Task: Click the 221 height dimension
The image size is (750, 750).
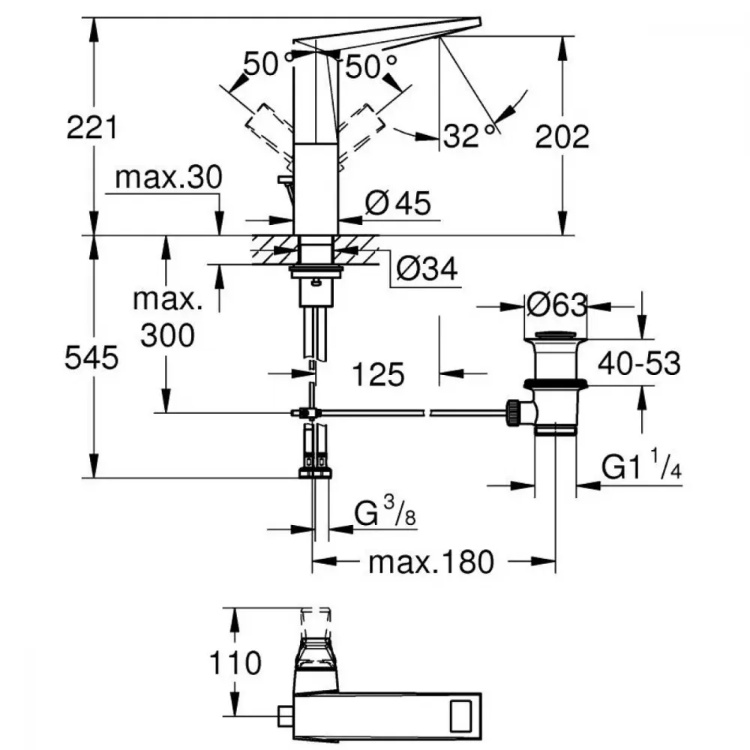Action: point(91,127)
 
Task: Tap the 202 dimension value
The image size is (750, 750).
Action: point(562,136)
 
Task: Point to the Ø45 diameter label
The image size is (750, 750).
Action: point(398,202)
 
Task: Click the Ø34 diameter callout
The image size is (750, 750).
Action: point(427,268)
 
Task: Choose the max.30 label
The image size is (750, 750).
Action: point(169,177)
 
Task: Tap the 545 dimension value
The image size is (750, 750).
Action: point(91,358)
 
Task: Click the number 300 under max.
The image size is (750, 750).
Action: point(167,335)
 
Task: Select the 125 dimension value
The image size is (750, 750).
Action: point(378,374)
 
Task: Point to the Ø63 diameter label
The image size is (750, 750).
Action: point(556,305)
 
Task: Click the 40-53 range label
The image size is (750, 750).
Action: point(639,363)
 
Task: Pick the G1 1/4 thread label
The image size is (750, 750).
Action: point(641,464)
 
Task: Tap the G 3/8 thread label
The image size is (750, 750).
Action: point(385,511)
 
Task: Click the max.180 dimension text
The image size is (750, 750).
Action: point(431,562)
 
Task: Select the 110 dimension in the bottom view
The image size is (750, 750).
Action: point(235,663)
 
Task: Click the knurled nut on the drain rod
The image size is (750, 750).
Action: point(513,412)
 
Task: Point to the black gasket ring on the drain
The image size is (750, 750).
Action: point(555,383)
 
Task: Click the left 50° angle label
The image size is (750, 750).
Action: point(268,64)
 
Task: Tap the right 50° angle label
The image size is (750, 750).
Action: point(371,66)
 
